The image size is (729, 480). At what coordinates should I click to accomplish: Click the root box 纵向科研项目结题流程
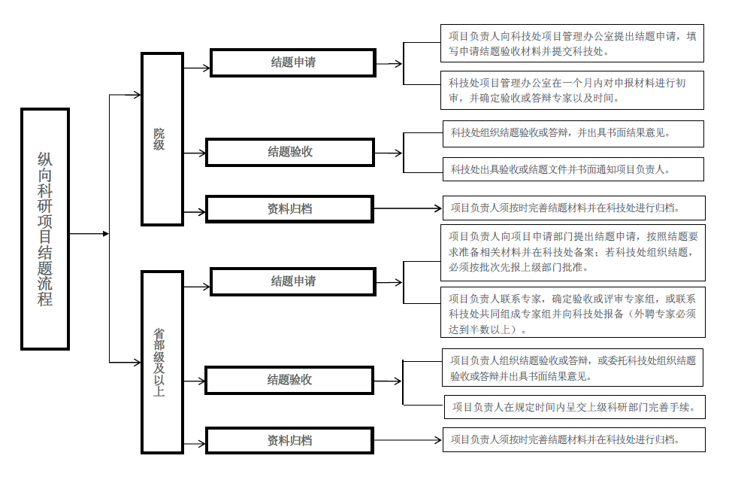tap(45, 229)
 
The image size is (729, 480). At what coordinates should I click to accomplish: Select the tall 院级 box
tap(162, 138)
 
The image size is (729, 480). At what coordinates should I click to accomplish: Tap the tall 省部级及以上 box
tap(162, 362)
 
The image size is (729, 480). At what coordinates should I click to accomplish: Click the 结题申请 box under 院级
tap(293, 62)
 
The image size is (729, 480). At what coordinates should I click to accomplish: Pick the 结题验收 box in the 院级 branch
tap(290, 152)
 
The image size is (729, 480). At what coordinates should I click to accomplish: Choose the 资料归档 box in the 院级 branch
tap(289, 209)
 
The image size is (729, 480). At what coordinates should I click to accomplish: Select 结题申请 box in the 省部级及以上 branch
tap(293, 281)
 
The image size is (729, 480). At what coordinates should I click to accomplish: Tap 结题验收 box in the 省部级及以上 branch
tap(289, 380)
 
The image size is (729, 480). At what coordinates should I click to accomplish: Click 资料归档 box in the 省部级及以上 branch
tap(289, 440)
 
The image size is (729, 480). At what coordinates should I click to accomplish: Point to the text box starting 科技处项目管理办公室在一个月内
tap(572, 90)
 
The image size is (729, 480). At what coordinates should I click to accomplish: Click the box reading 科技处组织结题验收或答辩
tap(573, 134)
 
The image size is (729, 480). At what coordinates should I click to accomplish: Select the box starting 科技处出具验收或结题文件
tap(573, 169)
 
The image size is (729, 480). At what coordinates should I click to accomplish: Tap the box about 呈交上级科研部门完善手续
tap(575, 407)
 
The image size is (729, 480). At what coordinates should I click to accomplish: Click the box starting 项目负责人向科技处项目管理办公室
tap(572, 44)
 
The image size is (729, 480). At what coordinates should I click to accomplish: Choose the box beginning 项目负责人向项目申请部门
tap(573, 253)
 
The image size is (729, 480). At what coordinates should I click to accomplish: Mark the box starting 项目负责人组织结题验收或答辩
tap(573, 367)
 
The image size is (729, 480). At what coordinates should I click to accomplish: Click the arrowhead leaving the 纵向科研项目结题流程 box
tap(106, 233)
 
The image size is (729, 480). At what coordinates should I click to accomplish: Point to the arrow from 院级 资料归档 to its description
tap(408, 208)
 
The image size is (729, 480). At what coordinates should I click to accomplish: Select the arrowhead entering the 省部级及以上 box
tap(137, 362)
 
